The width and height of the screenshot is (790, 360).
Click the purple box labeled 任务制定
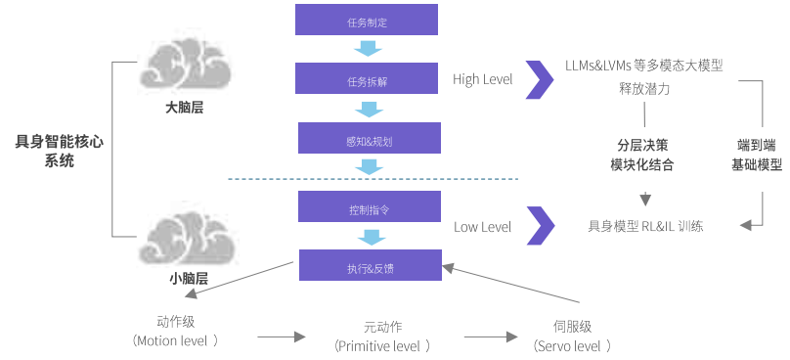(367, 20)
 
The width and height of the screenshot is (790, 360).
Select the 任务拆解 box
(367, 78)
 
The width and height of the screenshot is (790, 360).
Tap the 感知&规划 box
(370, 138)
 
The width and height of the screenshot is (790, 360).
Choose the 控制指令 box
(370, 206)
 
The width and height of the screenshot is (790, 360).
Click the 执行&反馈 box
(371, 265)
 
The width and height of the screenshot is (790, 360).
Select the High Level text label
(483, 79)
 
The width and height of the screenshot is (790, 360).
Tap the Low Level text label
(483, 227)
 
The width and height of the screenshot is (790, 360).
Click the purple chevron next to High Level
(540, 79)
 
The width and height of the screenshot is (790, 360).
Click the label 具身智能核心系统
(60, 152)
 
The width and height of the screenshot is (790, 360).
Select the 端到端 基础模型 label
(757, 155)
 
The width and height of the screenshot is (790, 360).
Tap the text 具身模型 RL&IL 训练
(645, 226)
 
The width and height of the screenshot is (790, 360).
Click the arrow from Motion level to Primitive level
(282, 337)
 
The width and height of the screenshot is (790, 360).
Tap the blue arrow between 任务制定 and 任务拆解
(368, 48)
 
